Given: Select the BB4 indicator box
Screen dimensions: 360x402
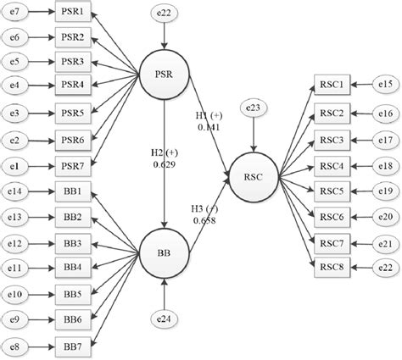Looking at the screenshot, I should [x=72, y=269].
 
